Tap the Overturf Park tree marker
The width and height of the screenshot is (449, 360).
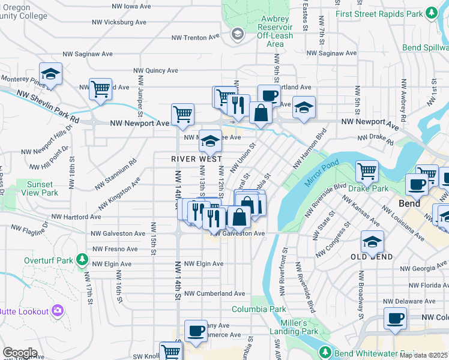coord(82,261)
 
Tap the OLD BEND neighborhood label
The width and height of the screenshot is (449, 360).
coord(372,257)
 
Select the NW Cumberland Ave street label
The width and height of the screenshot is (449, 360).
coord(215,293)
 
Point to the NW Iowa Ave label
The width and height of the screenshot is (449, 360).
coord(131,7)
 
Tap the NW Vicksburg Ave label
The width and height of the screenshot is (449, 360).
coord(119,22)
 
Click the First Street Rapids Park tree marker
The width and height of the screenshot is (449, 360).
coord(431,13)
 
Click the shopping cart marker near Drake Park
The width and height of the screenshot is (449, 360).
coord(367,170)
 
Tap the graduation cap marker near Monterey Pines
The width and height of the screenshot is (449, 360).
coord(51,74)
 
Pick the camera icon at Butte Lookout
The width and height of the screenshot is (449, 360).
coord(58,310)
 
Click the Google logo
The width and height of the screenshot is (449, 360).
coord(20,353)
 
